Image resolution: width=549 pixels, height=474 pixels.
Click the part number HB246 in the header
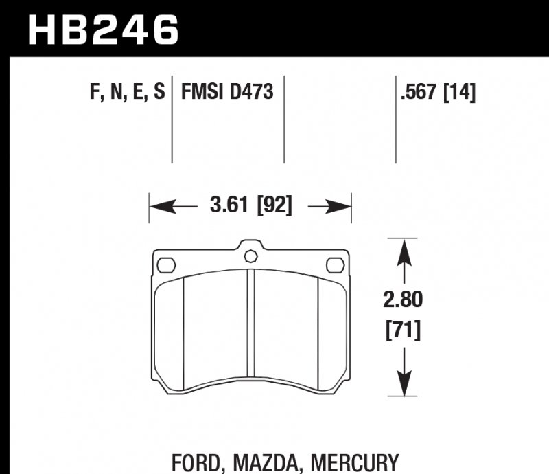[x=103, y=28]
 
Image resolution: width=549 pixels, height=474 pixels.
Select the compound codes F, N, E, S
[x=127, y=91]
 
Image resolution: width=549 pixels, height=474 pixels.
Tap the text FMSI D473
[x=227, y=91]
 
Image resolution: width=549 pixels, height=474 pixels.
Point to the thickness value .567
[x=420, y=91]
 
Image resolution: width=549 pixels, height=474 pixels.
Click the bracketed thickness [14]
[x=460, y=91]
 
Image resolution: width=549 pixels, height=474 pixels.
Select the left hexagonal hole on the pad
[x=166, y=264]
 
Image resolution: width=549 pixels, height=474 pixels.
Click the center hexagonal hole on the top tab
[x=250, y=256]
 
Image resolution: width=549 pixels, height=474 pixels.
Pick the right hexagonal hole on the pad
[x=334, y=264]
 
